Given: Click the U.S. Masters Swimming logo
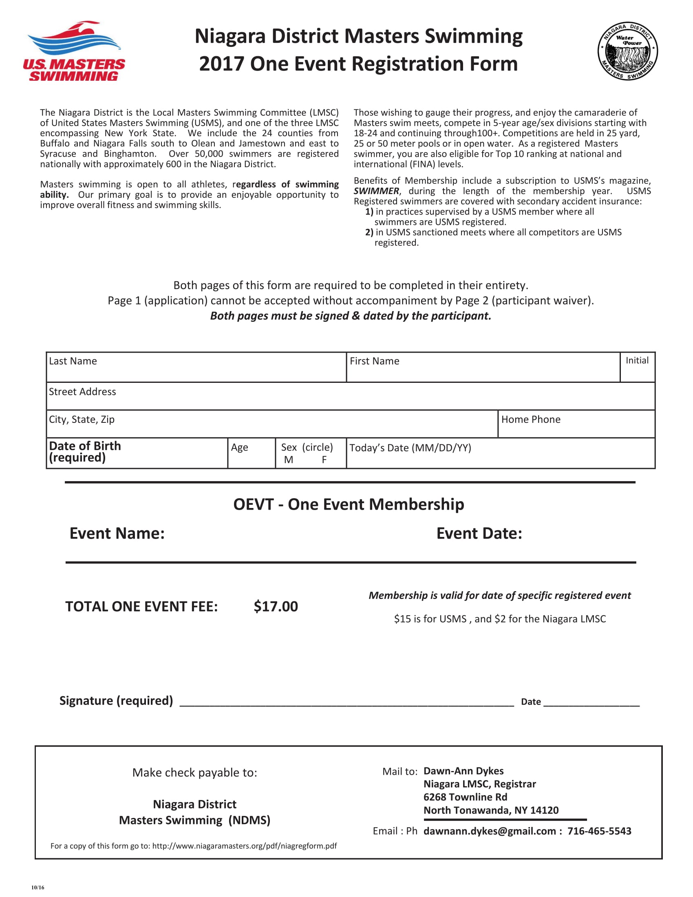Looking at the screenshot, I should click(74, 51).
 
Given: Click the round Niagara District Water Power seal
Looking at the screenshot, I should click(627, 51).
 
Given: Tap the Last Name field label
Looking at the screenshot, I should click(73, 361).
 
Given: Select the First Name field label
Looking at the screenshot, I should click(374, 361).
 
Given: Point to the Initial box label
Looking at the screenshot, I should click(637, 360).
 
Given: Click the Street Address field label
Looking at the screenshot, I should click(82, 391).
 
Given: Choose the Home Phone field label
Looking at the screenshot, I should click(530, 419).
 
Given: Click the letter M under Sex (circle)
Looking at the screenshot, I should click(289, 460).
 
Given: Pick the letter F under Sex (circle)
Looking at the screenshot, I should click(324, 460).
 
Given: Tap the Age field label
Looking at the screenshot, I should click(239, 447).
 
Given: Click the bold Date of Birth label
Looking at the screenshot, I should click(85, 446).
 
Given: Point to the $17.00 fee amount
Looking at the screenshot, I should click(276, 606).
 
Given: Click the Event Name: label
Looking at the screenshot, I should click(117, 533).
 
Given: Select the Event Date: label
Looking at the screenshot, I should click(479, 533).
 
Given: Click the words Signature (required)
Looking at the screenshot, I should click(116, 700).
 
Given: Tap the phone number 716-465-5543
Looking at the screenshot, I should click(599, 831).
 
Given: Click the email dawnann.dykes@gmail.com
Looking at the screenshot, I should click(489, 831).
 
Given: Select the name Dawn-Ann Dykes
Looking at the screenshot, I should click(463, 771).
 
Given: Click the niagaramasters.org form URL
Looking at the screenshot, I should click(244, 846).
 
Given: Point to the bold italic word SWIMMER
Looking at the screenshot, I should click(376, 191).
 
